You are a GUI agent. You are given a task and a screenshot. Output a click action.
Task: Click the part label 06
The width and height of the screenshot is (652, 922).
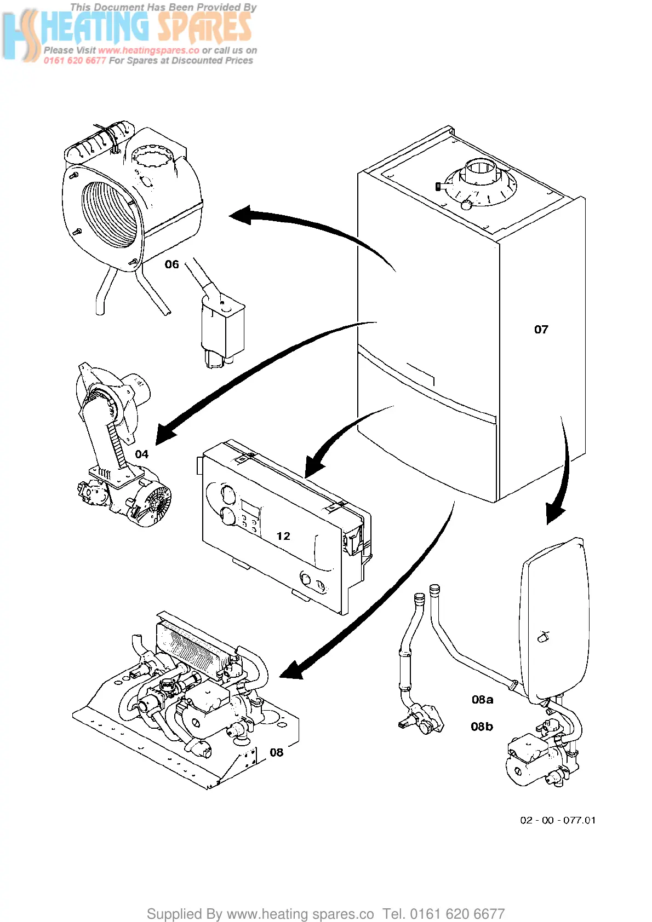pyautogui.click(x=171, y=264)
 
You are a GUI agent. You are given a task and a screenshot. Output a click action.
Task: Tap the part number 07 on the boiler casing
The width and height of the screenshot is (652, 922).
pyautogui.click(x=541, y=329)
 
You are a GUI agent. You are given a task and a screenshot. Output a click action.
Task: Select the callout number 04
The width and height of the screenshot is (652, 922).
pyautogui.click(x=142, y=454)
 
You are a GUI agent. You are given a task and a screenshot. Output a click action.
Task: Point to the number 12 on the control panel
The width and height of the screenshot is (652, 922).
pyautogui.click(x=283, y=536)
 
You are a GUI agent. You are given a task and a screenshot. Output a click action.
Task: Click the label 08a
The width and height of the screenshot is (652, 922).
pyautogui.click(x=482, y=700)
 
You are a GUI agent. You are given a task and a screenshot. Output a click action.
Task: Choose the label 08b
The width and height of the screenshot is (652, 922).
pyautogui.click(x=482, y=727)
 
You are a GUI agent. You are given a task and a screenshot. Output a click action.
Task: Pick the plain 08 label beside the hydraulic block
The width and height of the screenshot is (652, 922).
pyautogui.click(x=276, y=752)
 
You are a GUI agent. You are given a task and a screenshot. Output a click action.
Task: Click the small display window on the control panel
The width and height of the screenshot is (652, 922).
pyautogui.click(x=250, y=510)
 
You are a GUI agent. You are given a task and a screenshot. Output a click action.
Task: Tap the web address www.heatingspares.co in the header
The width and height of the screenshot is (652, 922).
pyautogui.click(x=148, y=50)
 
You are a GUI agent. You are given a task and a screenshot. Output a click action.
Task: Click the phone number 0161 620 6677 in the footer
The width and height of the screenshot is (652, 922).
pyautogui.click(x=457, y=913)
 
